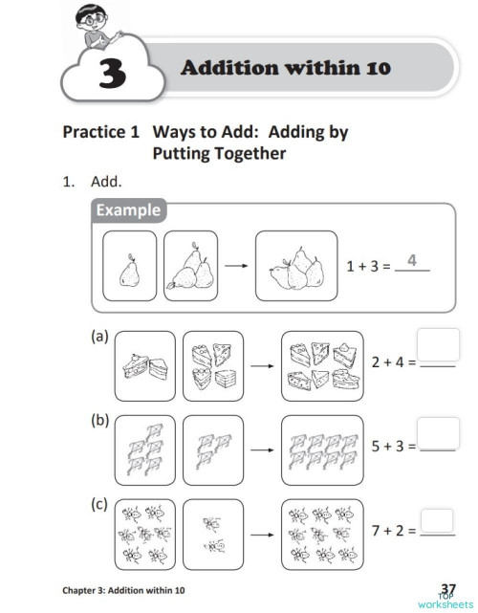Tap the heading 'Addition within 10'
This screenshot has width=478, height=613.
tap(285, 68)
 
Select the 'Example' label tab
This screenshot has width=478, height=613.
tap(127, 210)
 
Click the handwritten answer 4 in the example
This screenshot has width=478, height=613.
tap(412, 260)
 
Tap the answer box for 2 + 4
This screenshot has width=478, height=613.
tap(439, 344)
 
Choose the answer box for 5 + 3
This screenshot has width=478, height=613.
tap(439, 433)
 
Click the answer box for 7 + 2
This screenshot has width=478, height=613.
tap(437, 519)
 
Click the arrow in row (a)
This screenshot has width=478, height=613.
tap(257, 365)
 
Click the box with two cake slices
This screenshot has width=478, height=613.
tap(144, 365)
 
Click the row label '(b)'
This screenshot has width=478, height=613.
tap(99, 419)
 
